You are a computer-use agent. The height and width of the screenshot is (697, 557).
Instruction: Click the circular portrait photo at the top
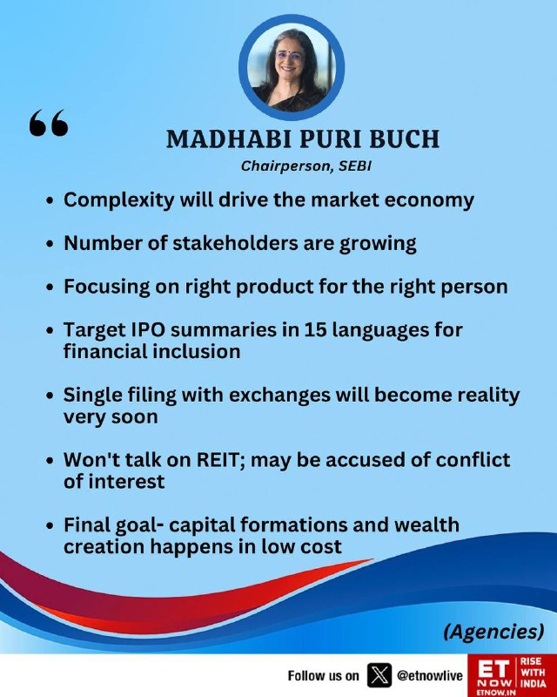(292, 67)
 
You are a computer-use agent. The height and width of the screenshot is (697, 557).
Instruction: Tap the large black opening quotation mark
(49, 122)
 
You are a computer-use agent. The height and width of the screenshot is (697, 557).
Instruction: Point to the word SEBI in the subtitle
(355, 166)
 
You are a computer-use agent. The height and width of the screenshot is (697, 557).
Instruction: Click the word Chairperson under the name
(287, 166)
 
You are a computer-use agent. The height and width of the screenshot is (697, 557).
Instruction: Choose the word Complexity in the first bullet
(119, 200)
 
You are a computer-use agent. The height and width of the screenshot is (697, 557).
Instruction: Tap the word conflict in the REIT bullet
(473, 460)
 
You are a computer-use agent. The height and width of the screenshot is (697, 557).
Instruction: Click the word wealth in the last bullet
(426, 524)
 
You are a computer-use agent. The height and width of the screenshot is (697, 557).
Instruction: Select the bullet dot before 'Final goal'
(50, 525)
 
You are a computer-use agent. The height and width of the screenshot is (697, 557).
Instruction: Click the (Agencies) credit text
(493, 632)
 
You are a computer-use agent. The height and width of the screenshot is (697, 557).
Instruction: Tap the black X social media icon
(379, 676)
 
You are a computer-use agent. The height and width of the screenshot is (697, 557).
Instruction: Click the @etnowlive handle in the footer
(430, 676)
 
